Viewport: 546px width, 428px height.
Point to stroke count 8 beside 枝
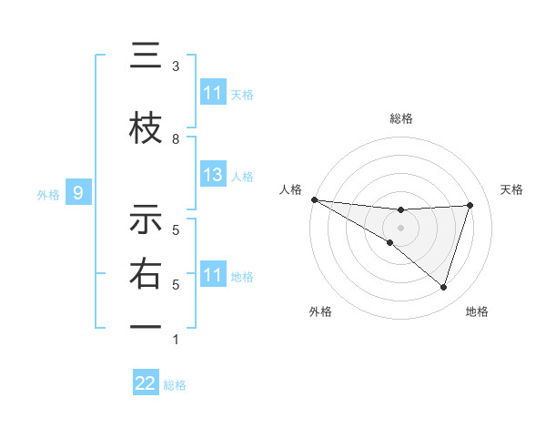(176, 138)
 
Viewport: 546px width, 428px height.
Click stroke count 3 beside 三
(176, 66)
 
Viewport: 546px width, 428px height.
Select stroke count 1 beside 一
(176, 340)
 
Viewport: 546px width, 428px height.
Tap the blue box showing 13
(213, 175)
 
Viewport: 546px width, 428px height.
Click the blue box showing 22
(146, 384)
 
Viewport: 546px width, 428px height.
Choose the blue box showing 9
(79, 193)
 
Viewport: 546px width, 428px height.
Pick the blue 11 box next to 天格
(213, 93)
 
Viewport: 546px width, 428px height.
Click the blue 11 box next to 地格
(213, 275)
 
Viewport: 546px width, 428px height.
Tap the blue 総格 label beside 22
(175, 385)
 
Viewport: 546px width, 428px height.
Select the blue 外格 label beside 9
(48, 194)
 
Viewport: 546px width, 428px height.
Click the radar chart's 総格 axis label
(400, 118)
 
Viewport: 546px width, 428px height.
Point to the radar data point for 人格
(314, 199)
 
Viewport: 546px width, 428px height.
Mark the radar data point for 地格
(443, 287)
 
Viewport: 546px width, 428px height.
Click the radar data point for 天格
(470, 205)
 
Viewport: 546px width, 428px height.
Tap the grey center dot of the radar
(400, 226)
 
